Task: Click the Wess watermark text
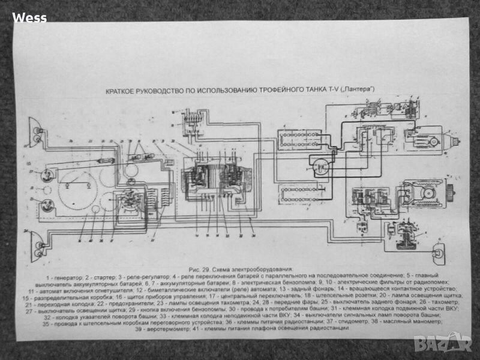pos(29,17)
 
